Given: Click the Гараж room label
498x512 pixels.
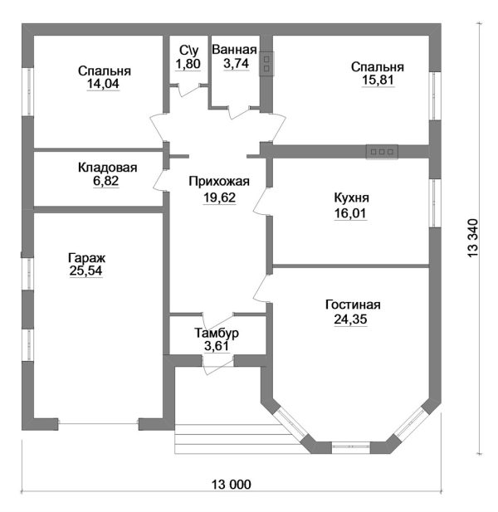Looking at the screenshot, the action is pos(87,258).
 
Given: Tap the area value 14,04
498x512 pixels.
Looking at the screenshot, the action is pos(103,84).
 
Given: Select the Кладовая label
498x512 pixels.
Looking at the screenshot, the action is pos(107,168).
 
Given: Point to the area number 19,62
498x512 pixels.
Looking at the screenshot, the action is pos(219,197).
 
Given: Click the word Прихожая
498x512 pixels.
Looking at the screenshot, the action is pos(219,182).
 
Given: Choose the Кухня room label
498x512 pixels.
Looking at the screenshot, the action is pos(351,197).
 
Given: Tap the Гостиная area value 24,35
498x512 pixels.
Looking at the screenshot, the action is pos(350,319).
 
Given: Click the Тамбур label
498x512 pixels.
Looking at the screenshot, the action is pos(217,333).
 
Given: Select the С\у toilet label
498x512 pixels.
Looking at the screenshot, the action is pos(188,51).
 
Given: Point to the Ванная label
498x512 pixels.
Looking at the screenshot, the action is pos(234,50).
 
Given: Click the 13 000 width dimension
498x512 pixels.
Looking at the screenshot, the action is pos(232,485).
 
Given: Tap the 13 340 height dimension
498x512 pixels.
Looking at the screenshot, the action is pos(472,238).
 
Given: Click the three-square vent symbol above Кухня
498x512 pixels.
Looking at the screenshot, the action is pos(382,152).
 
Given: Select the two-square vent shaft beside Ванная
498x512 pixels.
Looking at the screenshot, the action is pos(266,64).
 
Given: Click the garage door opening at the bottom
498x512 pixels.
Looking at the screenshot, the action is pos(98,424).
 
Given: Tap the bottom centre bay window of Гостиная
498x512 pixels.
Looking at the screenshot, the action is pos(351,446).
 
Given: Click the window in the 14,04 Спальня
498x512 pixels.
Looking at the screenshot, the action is pos(29,91).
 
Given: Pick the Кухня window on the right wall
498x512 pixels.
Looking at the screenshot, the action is pos(435,203).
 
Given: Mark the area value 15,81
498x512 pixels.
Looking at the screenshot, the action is pos(378,80).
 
